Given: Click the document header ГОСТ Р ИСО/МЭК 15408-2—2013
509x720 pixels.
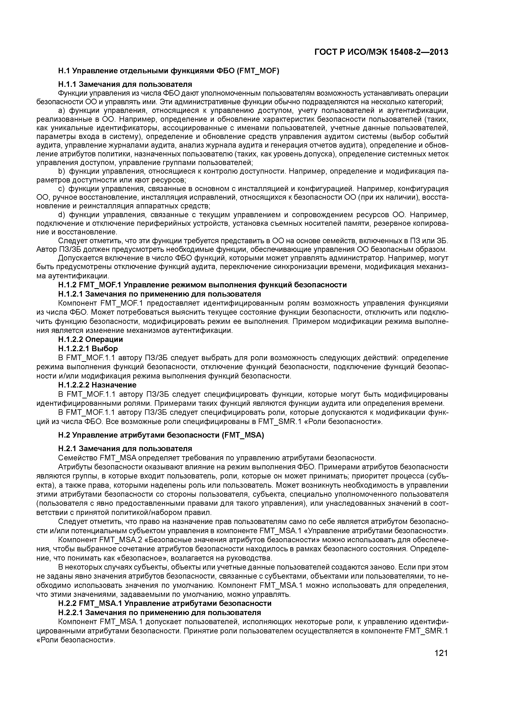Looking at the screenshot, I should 381,52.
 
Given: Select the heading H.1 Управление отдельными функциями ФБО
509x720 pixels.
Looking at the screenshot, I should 169,71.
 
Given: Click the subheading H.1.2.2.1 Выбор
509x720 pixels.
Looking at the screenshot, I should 88,348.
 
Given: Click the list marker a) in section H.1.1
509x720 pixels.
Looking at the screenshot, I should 61,111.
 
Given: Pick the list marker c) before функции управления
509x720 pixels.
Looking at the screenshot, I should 61,189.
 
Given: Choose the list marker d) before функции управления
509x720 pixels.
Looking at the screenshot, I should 61,215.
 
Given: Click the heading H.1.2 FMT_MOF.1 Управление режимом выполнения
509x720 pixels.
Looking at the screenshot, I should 202,285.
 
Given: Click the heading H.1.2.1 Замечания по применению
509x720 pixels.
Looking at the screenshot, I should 159,294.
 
